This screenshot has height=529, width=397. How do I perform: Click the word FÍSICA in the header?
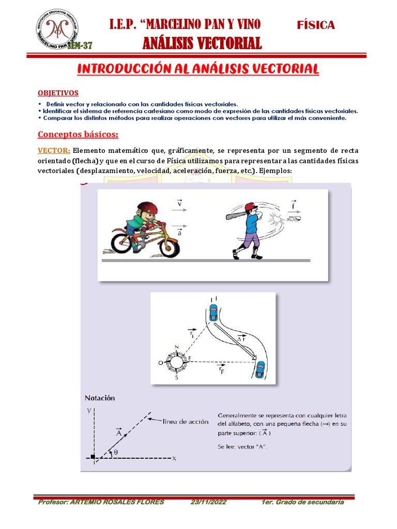[x=316, y=25]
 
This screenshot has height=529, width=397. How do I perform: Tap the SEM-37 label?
[x=80, y=46]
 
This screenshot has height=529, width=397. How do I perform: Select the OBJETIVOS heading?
[x=58, y=93]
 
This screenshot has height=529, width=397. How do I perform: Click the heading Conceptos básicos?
[x=78, y=135]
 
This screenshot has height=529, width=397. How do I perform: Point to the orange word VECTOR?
[x=54, y=151]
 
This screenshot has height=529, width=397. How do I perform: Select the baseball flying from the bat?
[x=297, y=219]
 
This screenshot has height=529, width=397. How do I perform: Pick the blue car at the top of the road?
[x=213, y=312]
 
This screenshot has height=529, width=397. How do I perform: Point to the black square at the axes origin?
[x=93, y=457]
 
